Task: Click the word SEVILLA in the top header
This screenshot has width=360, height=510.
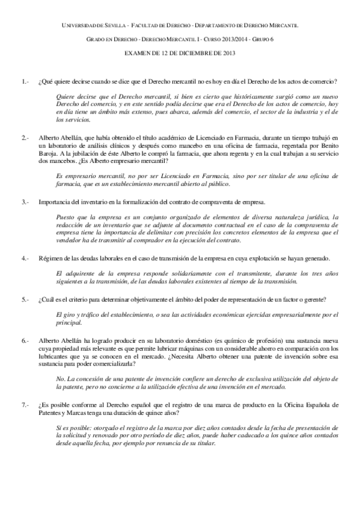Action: click(x=106, y=26)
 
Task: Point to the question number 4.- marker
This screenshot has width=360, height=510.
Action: click(x=25, y=257)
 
